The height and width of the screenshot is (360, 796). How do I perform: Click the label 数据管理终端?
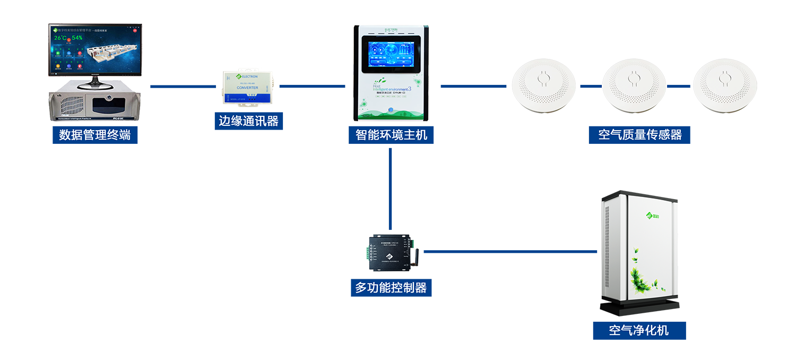[x=95, y=135]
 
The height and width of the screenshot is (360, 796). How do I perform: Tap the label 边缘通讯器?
[x=248, y=121]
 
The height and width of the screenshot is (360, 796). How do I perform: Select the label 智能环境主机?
[x=391, y=135]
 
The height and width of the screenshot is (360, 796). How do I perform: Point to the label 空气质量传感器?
[x=639, y=135]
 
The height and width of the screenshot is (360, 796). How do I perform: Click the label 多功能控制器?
[x=391, y=288]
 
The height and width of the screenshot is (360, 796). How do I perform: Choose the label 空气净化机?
[x=638, y=331]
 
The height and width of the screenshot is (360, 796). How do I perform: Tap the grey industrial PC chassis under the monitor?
[x=95, y=106]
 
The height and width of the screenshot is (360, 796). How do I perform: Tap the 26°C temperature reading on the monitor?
[x=61, y=38]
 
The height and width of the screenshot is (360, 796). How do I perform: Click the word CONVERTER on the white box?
[x=247, y=88]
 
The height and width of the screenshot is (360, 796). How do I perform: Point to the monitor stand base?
[x=94, y=87]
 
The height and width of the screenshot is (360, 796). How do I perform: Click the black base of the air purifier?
[x=642, y=308]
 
